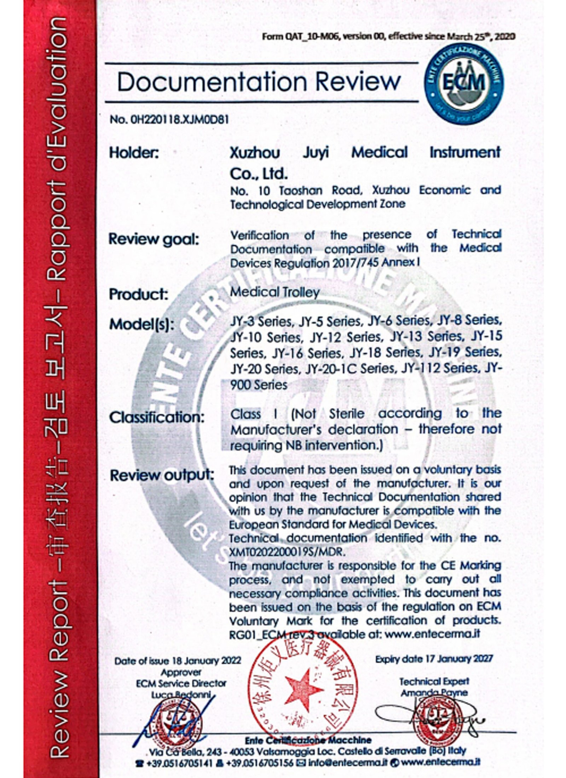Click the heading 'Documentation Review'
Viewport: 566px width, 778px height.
pos(259,82)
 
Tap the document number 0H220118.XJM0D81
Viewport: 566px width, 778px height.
pos(169,120)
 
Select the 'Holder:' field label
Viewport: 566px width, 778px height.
pos(134,153)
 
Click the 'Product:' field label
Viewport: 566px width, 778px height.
pos(138,295)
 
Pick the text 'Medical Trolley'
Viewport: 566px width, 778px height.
pos(275,293)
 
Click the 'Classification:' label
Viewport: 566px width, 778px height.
pos(157,418)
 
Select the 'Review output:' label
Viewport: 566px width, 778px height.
pos(162,476)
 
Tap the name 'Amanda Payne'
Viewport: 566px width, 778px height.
pos(434,693)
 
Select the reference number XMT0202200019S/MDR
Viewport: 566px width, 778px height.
pos(287,552)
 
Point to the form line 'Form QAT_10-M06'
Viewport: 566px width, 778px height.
pos(388,36)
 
